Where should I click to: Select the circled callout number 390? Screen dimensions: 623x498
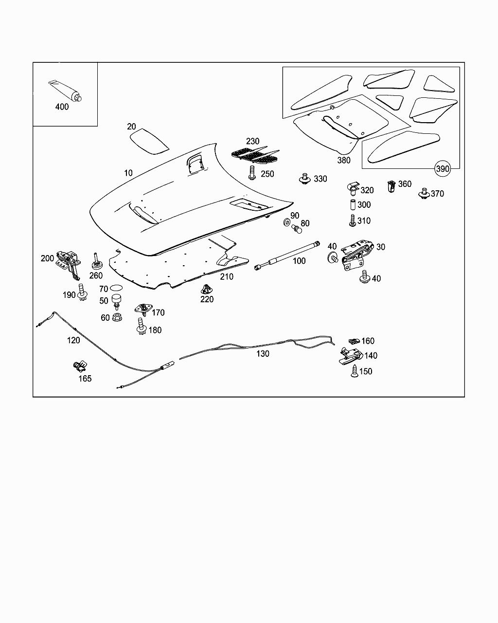click(x=443, y=168)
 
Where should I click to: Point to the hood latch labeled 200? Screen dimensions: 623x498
click(x=69, y=260)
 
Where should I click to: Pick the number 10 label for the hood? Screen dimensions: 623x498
click(x=128, y=173)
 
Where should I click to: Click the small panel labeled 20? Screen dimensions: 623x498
click(x=148, y=141)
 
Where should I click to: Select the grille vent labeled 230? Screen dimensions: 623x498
click(x=256, y=155)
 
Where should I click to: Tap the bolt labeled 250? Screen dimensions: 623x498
click(x=252, y=173)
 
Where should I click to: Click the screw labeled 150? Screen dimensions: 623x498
click(x=355, y=371)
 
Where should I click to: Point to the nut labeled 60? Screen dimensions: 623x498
click(x=117, y=318)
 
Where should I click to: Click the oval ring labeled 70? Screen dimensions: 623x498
click(x=116, y=289)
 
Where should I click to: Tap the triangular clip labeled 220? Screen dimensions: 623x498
click(x=207, y=288)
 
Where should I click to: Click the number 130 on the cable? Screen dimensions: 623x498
click(x=263, y=354)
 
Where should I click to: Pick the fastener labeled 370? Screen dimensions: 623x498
click(x=424, y=194)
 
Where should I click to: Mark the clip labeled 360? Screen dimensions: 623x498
click(x=391, y=186)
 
